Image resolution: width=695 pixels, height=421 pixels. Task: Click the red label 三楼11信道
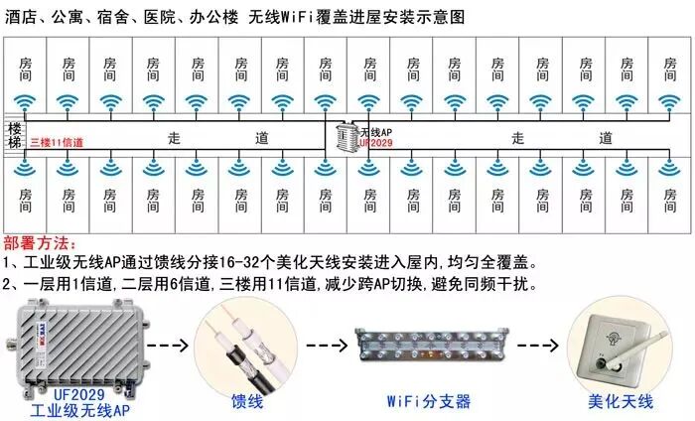click(x=57, y=143)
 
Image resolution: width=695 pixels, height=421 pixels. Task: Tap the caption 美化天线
click(x=623, y=402)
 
